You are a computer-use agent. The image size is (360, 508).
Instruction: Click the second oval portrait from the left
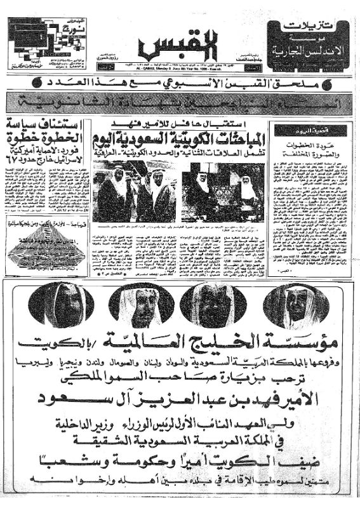click(x=142, y=305)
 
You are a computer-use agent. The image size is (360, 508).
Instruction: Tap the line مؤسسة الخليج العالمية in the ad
click(x=180, y=344)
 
